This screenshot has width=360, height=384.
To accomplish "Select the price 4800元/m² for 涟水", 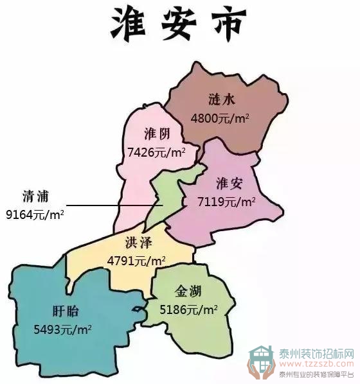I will coord(221,118).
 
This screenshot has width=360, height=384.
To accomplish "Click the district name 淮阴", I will coord(157,134).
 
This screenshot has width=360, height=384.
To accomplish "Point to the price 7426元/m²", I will coord(157,152).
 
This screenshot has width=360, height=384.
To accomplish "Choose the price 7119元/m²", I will coord(226,202).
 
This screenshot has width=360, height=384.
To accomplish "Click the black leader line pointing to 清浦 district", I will coord(109,205).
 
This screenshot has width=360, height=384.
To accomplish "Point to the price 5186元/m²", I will coord(188,310).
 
